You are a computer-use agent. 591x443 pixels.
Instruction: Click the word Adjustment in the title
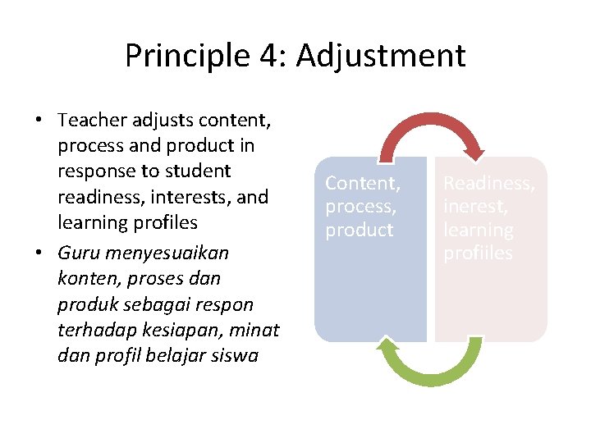[381, 57]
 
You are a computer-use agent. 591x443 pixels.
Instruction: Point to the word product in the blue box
[360, 230]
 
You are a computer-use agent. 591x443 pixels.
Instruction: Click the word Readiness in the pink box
[489, 184]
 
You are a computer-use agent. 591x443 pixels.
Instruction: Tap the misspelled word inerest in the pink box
[475, 207]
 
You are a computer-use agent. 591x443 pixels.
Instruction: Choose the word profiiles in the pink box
[478, 253]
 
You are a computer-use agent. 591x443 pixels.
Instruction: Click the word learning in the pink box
[479, 230]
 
